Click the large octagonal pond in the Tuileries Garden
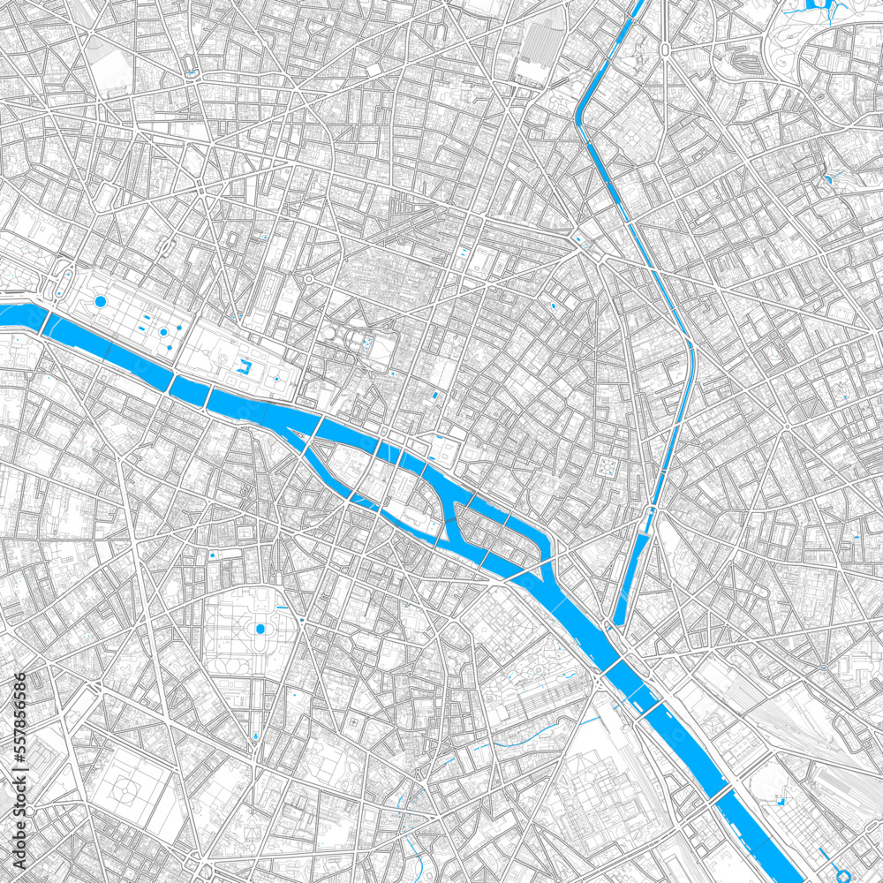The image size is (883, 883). coord(100,302)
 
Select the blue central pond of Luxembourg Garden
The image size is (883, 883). coord(260,629)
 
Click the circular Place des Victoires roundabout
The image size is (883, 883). coord(310,280)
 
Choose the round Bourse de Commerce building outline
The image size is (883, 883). coord(329,334)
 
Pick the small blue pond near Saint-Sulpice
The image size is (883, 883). coord(212,554)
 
